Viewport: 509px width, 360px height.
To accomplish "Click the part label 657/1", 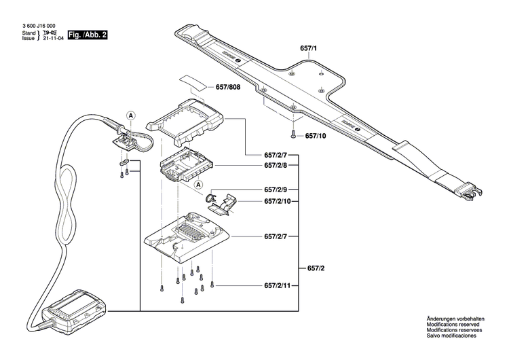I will (x=309, y=49).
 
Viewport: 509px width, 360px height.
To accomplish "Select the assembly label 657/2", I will (x=316, y=268).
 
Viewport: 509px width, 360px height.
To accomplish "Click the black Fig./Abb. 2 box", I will (x=83, y=35).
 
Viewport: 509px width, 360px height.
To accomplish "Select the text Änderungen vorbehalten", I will (x=454, y=319).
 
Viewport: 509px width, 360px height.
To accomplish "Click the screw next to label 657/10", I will (x=293, y=135).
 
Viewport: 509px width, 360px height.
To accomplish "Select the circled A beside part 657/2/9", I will (x=199, y=184).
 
